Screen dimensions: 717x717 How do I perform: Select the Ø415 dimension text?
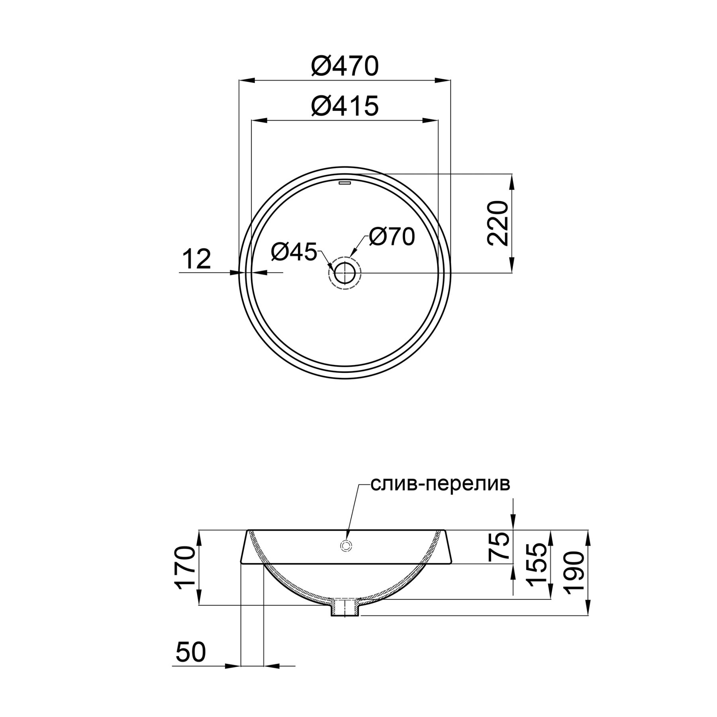(344, 106)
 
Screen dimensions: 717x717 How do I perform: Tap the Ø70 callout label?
(392, 237)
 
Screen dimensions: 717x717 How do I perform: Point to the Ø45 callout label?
(294, 252)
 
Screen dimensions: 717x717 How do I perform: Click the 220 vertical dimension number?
(498, 223)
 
